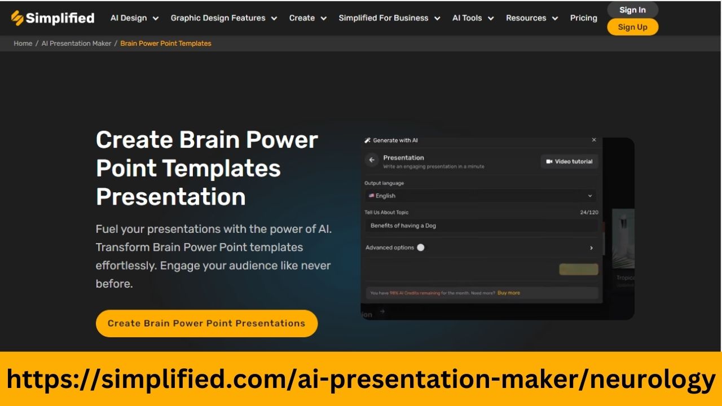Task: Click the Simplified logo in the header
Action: click(52, 18)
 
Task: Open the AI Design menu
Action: click(134, 18)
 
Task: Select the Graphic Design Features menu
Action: click(223, 18)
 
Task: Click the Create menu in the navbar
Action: click(307, 18)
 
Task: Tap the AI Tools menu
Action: click(473, 18)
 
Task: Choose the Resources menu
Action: click(531, 18)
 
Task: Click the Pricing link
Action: click(583, 18)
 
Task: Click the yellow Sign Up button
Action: click(632, 27)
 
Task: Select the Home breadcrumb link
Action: click(23, 43)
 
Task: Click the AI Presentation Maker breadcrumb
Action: click(76, 43)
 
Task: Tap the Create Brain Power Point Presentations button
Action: click(206, 324)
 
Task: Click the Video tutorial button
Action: click(569, 161)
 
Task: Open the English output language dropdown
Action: click(480, 196)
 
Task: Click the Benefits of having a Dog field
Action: click(480, 226)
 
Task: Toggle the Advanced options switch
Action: click(421, 248)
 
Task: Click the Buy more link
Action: click(509, 293)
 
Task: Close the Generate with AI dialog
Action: click(594, 140)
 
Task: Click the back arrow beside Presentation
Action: click(371, 160)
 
